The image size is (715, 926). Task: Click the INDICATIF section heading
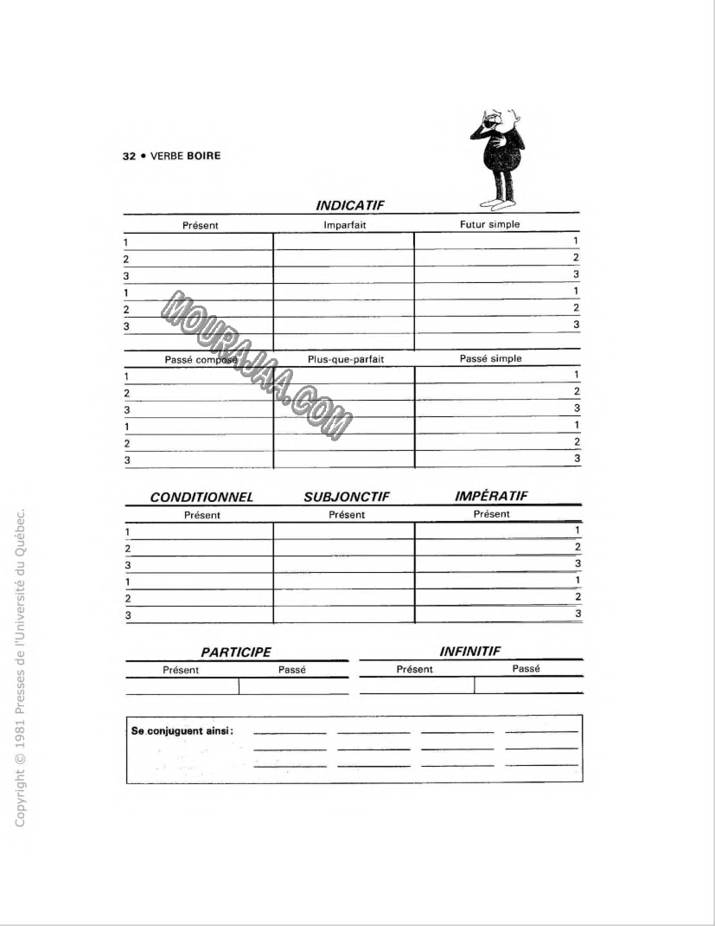pyautogui.click(x=350, y=205)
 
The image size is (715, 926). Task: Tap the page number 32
pyautogui.click(x=129, y=157)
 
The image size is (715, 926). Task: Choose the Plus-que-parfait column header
pyautogui.click(x=345, y=359)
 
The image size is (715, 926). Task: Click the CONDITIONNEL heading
pyautogui.click(x=201, y=498)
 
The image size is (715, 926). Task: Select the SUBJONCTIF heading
pyautogui.click(x=347, y=498)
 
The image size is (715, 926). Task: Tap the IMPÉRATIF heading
pyautogui.click(x=491, y=496)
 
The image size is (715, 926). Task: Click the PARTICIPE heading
pyautogui.click(x=236, y=653)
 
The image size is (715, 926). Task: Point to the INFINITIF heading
pyautogui.click(x=469, y=651)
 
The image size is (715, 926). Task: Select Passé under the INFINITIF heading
pyautogui.click(x=526, y=669)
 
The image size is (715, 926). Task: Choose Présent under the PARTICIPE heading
pyautogui.click(x=181, y=670)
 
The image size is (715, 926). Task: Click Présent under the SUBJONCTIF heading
pyautogui.click(x=347, y=515)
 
